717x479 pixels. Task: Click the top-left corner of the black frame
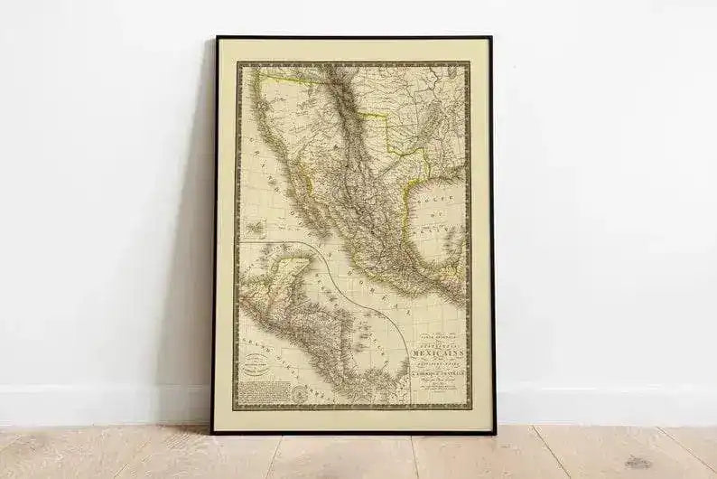coord(216,38)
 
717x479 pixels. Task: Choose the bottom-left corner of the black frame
coord(213,432)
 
